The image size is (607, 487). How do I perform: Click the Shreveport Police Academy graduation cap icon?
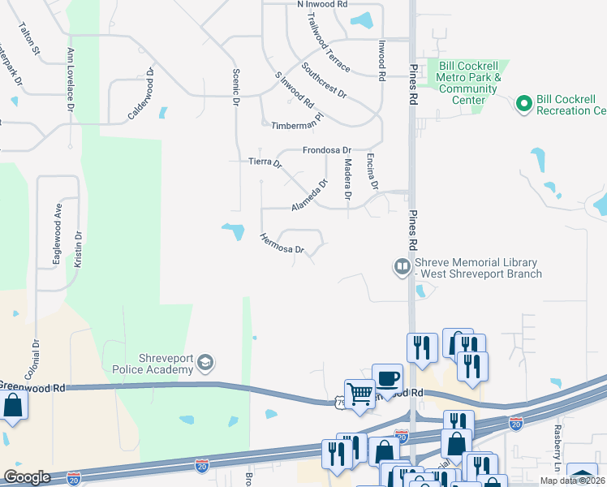207,363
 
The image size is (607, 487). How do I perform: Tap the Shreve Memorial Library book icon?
401,266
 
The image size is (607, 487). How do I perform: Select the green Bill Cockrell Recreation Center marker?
523,103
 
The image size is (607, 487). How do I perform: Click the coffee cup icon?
387,377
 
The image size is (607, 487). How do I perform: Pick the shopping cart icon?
359,394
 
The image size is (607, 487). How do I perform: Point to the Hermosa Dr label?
281,243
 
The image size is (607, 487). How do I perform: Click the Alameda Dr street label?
309,196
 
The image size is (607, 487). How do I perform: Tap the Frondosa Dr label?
326,150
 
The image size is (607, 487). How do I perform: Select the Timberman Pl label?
297,126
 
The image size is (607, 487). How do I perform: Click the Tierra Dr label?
265,162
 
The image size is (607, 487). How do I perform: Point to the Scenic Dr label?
236,88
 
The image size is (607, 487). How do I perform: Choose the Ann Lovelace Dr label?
71,79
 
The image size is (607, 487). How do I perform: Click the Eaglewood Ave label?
58,221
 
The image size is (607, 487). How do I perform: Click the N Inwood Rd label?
322,4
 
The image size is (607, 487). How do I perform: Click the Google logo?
27,477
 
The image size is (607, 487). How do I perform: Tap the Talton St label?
29,38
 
